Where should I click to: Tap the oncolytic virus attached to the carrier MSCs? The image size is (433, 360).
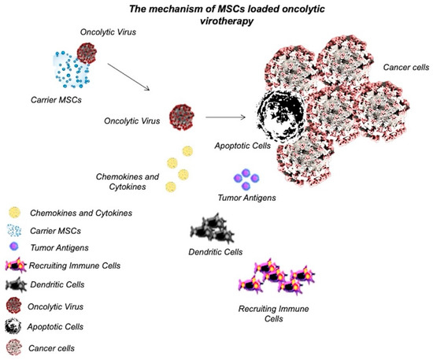click(x=87, y=54)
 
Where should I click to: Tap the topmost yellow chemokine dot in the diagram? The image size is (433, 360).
click(x=187, y=152)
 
